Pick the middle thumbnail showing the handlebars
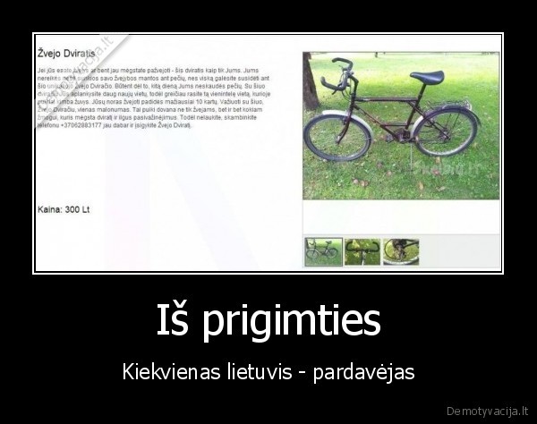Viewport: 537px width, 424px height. coord(362,251)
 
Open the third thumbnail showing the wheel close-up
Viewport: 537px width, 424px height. coord(400,251)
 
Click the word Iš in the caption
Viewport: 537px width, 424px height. coord(173,319)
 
